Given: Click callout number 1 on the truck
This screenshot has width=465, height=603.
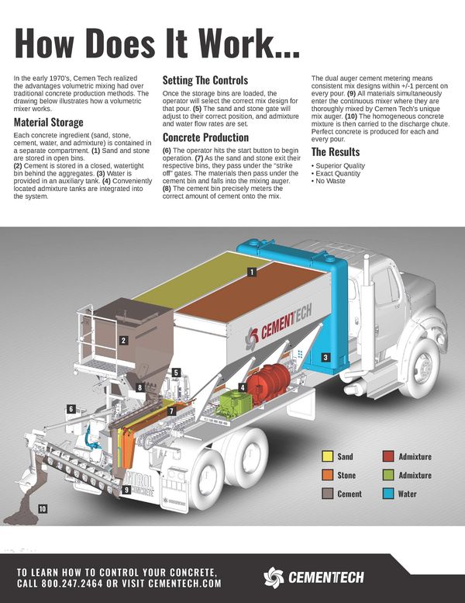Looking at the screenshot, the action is click(x=252, y=272).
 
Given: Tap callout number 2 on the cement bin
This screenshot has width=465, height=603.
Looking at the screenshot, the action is click(x=123, y=341).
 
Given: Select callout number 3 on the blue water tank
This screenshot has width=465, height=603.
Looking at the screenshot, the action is click(x=325, y=357).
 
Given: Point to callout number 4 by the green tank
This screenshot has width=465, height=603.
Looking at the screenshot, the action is click(x=243, y=387).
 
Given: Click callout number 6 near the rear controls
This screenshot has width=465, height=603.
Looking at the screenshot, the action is click(x=71, y=409).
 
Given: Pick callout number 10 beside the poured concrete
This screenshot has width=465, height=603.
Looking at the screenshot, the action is click(x=43, y=509).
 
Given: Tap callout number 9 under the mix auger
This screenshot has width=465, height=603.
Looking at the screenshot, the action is click(x=126, y=490).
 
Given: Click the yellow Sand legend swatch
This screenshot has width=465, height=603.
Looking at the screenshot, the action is click(x=328, y=456).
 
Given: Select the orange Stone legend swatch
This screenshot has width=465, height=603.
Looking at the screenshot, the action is click(x=328, y=475).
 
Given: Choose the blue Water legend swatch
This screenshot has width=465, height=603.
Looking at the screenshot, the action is click(x=388, y=494).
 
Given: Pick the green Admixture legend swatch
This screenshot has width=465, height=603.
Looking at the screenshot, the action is click(x=388, y=475).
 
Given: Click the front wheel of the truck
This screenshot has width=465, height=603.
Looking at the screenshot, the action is click(x=422, y=369).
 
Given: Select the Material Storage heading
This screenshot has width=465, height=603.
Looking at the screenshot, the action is click(x=48, y=123).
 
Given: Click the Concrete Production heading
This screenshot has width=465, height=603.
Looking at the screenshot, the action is click(x=205, y=137).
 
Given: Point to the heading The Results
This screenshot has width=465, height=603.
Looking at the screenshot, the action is click(x=336, y=152).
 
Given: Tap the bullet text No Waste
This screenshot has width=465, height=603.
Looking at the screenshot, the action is click(x=330, y=181).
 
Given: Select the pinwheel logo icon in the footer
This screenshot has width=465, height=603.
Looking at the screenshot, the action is click(x=274, y=577).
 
